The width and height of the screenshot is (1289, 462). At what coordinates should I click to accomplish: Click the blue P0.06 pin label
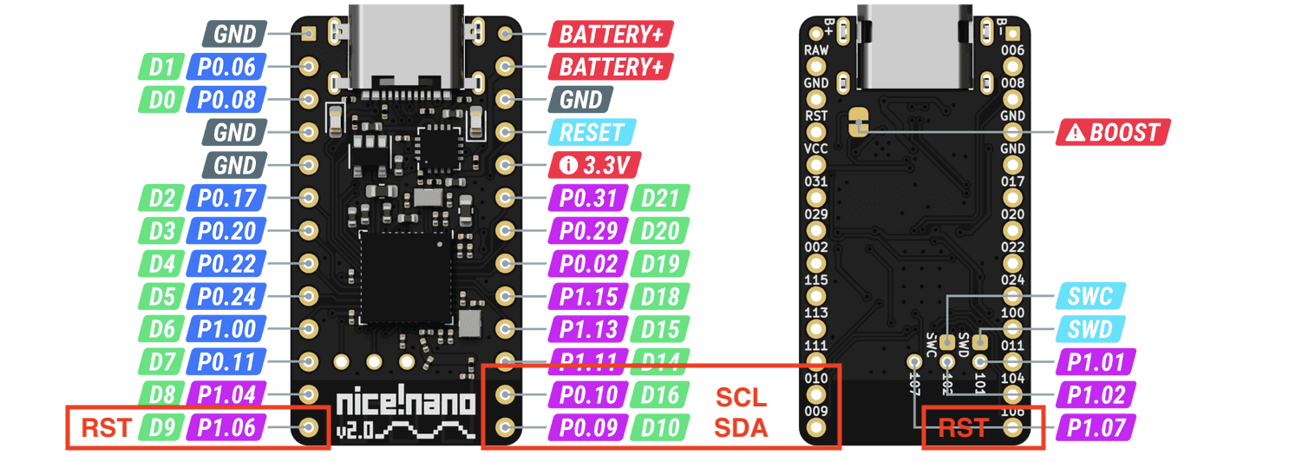[227, 67]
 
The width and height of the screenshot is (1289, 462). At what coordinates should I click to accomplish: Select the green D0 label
[162, 100]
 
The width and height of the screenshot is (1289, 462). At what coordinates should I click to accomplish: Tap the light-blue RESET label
[592, 133]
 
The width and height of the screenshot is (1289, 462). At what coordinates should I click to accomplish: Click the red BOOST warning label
[1113, 133]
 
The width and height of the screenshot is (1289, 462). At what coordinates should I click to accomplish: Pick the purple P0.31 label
[588, 199]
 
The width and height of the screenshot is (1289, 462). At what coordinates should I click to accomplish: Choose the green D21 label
[661, 199]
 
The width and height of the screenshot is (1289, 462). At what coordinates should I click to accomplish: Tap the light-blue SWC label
[1090, 297]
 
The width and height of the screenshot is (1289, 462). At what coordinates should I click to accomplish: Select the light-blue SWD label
[1090, 329]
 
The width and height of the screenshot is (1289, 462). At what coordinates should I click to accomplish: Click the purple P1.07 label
[1096, 427]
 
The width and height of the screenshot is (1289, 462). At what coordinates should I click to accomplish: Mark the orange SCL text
[741, 399]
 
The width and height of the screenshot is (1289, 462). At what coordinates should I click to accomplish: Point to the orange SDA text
[741, 427]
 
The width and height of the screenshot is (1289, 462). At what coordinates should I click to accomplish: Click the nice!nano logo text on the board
[405, 403]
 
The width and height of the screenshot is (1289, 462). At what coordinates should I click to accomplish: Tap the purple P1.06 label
[227, 427]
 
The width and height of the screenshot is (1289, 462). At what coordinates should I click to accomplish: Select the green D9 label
[162, 427]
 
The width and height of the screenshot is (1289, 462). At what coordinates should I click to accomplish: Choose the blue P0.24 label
[227, 297]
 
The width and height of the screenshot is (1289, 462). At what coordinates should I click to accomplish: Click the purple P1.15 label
[588, 297]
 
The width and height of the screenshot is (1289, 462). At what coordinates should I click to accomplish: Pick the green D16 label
[661, 395]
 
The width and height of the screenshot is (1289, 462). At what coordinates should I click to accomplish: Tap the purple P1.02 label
[1096, 395]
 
